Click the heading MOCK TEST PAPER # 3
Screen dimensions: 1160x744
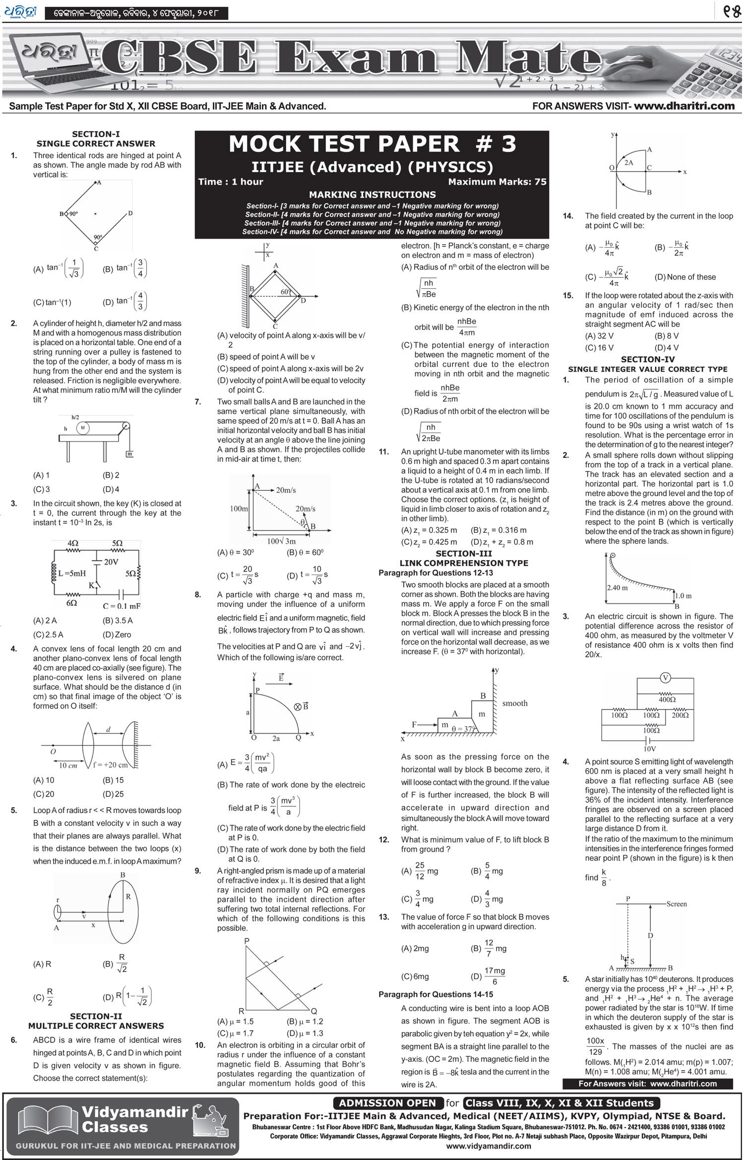click(372, 144)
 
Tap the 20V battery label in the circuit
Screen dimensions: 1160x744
click(111, 562)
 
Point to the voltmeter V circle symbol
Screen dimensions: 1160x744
click(666, 678)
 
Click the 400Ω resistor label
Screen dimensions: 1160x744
click(667, 700)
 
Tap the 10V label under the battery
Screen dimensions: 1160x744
click(650, 749)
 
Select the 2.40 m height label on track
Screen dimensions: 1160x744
click(617, 587)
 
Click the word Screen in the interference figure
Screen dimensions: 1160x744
click(677, 903)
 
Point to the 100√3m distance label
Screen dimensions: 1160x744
click(281, 541)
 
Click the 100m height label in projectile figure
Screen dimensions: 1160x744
click(239, 509)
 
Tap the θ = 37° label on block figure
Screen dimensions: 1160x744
click(463, 729)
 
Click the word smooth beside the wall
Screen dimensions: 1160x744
click(515, 703)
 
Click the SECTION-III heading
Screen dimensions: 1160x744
click(464, 553)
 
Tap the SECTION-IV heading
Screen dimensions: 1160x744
click(648, 359)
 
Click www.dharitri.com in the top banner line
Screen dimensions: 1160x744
click(684, 106)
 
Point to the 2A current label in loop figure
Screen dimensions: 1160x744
click(628, 163)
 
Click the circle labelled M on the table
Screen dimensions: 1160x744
click(83, 428)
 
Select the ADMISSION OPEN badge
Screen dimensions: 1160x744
click(387, 1103)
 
